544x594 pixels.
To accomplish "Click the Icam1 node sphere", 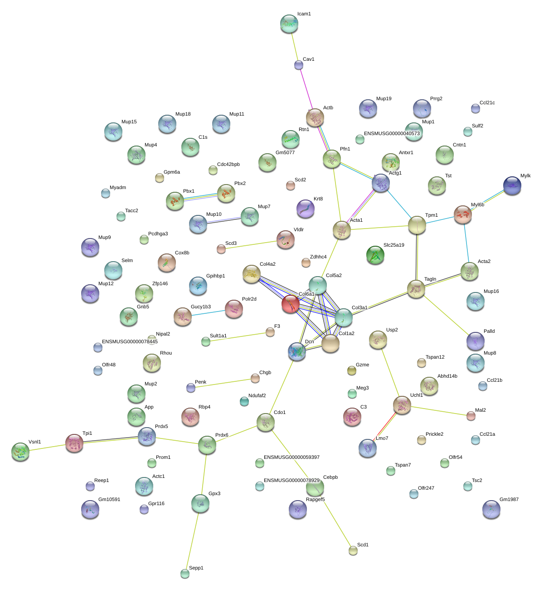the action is pos(289,24).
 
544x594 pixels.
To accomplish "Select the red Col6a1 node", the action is pos(290,304).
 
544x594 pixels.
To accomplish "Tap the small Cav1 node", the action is pos(298,65).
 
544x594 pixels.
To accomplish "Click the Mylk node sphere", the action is pos(512,185).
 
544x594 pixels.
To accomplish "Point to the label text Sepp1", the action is pos(196,568).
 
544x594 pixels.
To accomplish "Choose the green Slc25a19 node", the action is pos(375,255).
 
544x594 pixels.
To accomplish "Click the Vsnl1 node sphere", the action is pos(20,452).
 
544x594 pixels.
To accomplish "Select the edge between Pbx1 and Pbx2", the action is pos(200,197).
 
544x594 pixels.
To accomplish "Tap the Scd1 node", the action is pos(353,550).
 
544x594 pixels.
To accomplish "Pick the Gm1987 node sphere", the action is pos(491,509).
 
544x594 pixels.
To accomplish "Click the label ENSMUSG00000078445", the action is pos(130,342).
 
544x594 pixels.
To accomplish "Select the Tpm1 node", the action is pos(417,225).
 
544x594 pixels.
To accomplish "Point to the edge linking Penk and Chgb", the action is pos(223,383).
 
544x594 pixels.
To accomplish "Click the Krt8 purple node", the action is pos(306,209).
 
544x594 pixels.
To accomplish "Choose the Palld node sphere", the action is pos(476,341).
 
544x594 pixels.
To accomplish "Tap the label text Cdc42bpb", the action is pos(228,165).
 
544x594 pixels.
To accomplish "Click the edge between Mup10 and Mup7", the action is pos(224,220).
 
